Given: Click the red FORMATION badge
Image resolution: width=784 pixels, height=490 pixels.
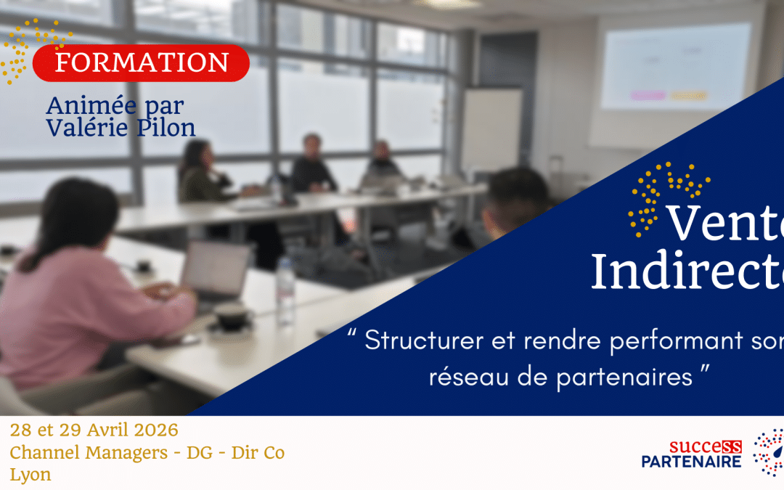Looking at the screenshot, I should click(x=141, y=63).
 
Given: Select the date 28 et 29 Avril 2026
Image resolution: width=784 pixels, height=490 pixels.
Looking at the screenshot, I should click(x=94, y=430).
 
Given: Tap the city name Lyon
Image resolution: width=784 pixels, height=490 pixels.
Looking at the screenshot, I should click(x=30, y=475).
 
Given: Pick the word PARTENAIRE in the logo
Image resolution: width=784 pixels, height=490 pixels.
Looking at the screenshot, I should click(x=691, y=462).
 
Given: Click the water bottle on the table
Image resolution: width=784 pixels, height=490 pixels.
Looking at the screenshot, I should click(x=285, y=290).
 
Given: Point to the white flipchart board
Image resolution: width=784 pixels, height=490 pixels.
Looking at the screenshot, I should click(x=491, y=131).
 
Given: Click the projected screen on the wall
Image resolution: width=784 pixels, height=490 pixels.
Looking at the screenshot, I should click(x=675, y=69).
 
